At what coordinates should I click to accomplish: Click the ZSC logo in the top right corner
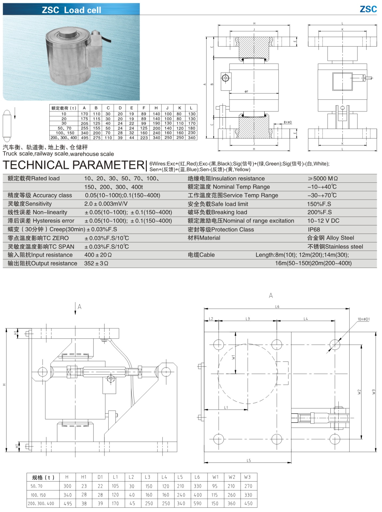pyautogui.click(x=368, y=9)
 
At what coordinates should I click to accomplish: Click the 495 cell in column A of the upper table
pyautogui.click(x=85, y=138)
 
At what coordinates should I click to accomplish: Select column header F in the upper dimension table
pyautogui.click(x=144, y=108)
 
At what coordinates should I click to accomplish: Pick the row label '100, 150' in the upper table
pyautogui.click(x=65, y=133)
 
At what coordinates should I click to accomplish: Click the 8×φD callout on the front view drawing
pyautogui.click(x=288, y=122)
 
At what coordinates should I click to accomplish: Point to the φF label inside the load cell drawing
pyautogui.click(x=246, y=92)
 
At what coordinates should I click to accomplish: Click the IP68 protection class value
pyautogui.click(x=314, y=230)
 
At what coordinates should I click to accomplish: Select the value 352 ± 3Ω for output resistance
pyautogui.click(x=96, y=263)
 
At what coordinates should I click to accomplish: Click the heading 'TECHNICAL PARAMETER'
pyautogui.click(x=74, y=165)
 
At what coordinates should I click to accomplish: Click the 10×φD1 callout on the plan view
pyautogui.click(x=363, y=319)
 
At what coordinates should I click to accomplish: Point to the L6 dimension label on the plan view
pyautogui.click(x=277, y=307)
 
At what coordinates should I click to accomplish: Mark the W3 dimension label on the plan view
pyautogui.click(x=374, y=392)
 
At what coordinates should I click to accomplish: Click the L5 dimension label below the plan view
pyautogui.click(x=249, y=460)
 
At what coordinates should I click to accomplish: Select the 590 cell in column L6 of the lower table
pyautogui.click(x=197, y=504)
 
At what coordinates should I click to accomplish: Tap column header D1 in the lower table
pyautogui.click(x=100, y=477)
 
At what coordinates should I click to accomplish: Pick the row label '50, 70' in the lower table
pyautogui.click(x=37, y=486)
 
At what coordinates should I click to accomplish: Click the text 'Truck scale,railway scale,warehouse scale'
pyautogui.click(x=58, y=154)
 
